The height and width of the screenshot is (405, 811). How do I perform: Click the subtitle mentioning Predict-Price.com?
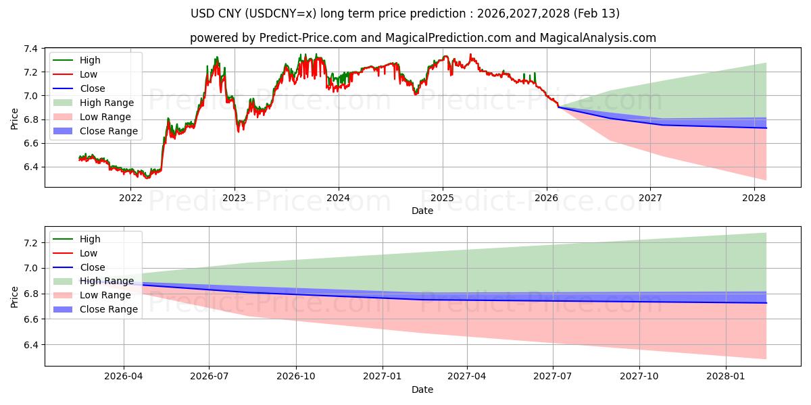422,38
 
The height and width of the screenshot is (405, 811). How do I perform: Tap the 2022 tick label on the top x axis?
130,198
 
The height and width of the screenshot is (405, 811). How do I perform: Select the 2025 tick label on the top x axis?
442,198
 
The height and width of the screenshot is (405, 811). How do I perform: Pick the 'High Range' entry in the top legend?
106,103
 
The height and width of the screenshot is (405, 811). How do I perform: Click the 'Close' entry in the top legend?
93,88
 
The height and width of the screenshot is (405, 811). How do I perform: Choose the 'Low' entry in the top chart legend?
89,74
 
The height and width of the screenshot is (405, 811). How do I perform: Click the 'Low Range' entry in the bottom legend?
105,295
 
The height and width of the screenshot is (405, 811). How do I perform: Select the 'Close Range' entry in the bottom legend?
108,309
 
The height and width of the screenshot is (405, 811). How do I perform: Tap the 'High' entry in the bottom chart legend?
90,239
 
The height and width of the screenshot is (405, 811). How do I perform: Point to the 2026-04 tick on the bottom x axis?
124,377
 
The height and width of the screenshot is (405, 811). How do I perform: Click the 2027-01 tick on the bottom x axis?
383,377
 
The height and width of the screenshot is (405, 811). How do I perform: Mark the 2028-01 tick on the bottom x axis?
725,377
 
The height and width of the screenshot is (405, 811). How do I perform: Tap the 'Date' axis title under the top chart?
422,211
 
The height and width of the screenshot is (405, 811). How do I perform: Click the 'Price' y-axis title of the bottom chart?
15,296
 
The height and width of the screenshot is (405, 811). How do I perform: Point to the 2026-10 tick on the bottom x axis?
297,377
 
